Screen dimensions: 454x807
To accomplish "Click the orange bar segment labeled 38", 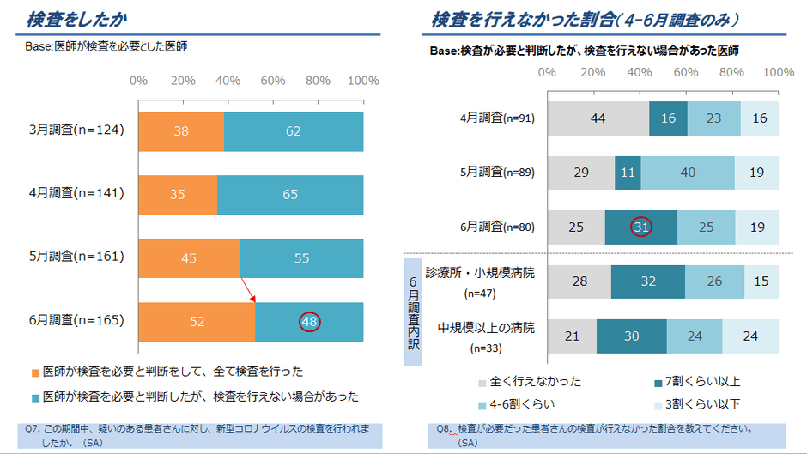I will tap(181, 130).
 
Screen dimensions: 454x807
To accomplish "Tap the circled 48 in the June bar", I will tap(310, 321).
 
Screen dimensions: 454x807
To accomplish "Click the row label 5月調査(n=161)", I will tap(77, 257).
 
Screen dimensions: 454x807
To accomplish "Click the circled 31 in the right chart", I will tap(640, 227).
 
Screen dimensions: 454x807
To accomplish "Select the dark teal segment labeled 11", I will tap(628, 173).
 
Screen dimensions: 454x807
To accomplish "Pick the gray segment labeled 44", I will tap(598, 118).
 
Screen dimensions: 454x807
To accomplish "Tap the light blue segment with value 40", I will tap(688, 173).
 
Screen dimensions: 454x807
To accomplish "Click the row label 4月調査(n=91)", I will tap(498, 118).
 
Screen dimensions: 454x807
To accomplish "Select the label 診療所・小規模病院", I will tap(480, 273).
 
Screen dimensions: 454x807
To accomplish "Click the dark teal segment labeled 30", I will tap(631, 336).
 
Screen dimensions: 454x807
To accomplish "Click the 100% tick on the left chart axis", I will tap(363, 81).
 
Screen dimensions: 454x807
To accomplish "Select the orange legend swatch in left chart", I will tap(35, 373).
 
